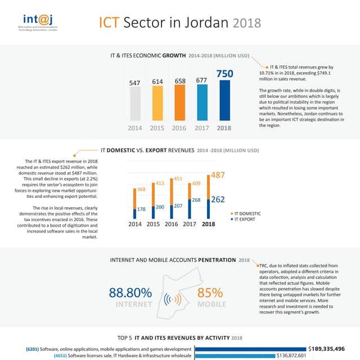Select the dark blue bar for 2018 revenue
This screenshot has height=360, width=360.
click(x=224, y=100)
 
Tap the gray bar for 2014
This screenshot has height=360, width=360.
click(x=135, y=103)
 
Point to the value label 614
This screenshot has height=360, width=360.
click(x=157, y=82)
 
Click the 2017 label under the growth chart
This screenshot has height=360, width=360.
click(x=202, y=128)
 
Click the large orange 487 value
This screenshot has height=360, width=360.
click(x=218, y=175)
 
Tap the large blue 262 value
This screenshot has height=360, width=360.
click(x=218, y=199)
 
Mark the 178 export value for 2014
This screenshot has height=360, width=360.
click(x=142, y=209)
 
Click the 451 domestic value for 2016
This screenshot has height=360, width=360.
click(x=178, y=179)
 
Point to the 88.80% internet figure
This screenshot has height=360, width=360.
click(x=130, y=293)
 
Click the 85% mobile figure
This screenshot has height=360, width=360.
click(x=210, y=293)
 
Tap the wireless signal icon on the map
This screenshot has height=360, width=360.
click(x=172, y=299)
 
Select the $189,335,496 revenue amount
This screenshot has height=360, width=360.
click(x=332, y=348)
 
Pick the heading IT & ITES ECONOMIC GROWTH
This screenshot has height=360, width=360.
click(x=148, y=56)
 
